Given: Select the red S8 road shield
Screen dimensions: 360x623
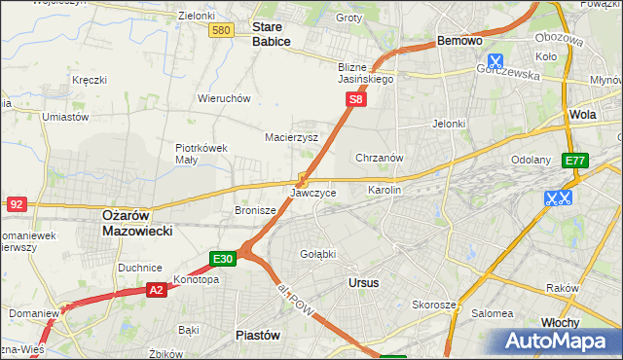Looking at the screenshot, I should [x=357, y=99].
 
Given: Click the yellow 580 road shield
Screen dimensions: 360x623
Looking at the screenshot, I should [x=221, y=31].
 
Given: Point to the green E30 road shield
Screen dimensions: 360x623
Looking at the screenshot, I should [x=223, y=258].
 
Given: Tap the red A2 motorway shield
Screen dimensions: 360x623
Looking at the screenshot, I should [x=157, y=290].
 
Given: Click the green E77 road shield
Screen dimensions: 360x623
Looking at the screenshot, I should [x=574, y=161].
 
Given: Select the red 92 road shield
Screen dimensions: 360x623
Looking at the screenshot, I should [x=16, y=203].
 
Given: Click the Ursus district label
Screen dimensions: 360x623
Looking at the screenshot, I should [x=362, y=282].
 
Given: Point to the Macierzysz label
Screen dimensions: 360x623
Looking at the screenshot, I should [x=292, y=137].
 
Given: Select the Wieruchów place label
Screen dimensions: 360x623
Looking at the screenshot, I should [x=225, y=98].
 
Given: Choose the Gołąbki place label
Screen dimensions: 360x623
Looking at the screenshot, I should [x=318, y=254].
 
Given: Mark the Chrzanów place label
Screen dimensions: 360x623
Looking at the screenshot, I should [x=380, y=157].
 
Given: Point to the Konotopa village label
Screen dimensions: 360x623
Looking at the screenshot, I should [x=196, y=279].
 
